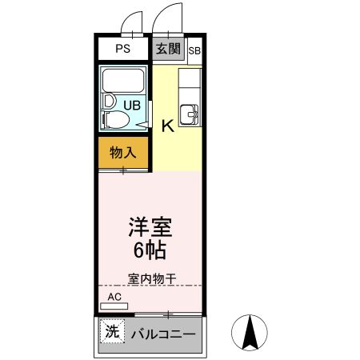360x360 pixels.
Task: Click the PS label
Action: tap(122, 49)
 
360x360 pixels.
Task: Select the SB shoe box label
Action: tap(194, 50)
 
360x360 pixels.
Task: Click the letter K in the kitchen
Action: tap(168, 126)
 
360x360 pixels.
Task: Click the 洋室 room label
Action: tap(150, 226)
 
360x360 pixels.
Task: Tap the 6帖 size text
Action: tap(150, 250)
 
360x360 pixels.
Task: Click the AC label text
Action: tap(114, 297)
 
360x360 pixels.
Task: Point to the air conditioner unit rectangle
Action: tap(114, 306)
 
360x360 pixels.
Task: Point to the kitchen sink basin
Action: tap(190, 113)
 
